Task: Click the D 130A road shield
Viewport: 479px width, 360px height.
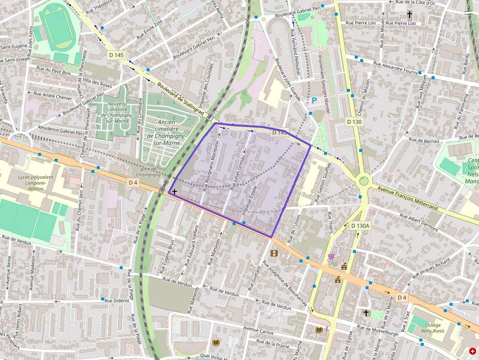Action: point(360,226)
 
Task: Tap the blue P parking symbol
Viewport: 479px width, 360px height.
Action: point(314,100)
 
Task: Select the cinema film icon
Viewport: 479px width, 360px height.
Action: point(274,253)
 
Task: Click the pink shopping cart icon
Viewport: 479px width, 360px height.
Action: point(331,256)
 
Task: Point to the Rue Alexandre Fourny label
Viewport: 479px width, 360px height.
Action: point(395,67)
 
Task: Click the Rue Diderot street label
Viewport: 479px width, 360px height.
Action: point(117,300)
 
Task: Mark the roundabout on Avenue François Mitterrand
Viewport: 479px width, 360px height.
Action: point(364,181)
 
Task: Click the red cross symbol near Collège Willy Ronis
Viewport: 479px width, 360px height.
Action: point(472,351)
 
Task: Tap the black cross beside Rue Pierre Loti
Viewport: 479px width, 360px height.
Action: point(410,15)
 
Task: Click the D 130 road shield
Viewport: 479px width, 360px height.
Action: point(355,121)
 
